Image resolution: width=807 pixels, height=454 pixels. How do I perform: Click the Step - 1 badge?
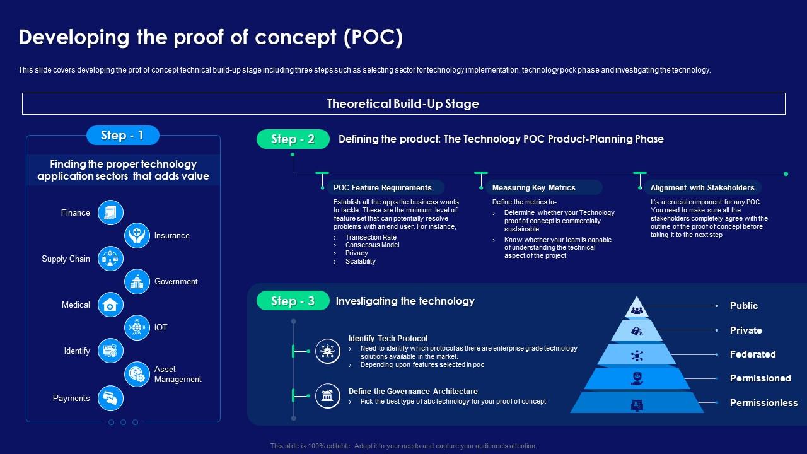tap(122, 135)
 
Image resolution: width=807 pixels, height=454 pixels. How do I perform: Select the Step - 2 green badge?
tap(293, 139)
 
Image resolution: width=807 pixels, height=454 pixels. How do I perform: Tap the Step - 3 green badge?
tap(293, 301)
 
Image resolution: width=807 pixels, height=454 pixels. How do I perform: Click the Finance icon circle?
tap(110, 212)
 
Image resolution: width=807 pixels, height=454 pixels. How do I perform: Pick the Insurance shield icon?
tap(137, 235)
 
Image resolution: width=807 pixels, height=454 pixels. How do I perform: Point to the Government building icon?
tap(137, 282)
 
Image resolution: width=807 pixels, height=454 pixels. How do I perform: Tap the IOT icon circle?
tap(137, 328)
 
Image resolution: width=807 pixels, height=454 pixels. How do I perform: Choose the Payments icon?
tap(110, 398)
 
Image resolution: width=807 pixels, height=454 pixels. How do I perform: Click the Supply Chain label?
tap(66, 259)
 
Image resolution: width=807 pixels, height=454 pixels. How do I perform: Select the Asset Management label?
tap(177, 374)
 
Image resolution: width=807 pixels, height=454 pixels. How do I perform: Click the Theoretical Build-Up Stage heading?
tap(403, 104)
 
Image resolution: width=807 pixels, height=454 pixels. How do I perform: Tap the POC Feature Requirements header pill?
tap(383, 187)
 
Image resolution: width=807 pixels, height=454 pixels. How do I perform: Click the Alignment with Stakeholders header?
tap(702, 187)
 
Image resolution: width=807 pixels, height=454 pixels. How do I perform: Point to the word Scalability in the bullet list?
tap(361, 261)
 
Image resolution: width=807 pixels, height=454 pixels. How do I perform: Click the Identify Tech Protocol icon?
tap(327, 351)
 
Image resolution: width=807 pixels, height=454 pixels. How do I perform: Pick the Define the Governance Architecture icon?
tap(327, 395)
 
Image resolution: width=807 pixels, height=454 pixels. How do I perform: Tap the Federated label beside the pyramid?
tap(752, 354)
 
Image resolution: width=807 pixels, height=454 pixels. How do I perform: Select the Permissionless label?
tap(763, 402)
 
